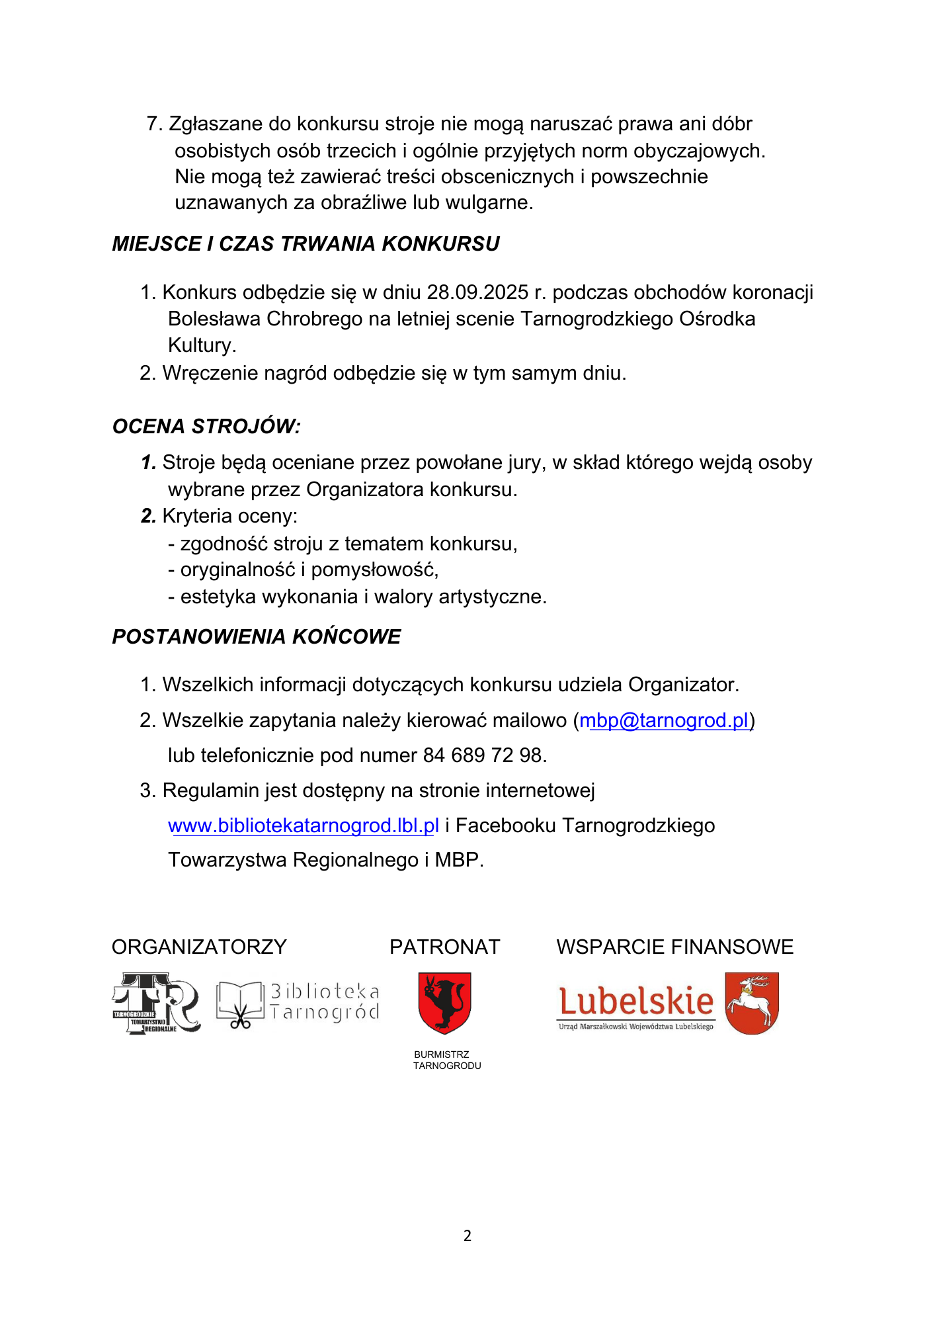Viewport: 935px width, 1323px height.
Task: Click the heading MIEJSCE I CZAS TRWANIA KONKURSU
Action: tap(305, 244)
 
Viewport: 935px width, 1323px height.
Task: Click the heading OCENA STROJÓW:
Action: tap(206, 427)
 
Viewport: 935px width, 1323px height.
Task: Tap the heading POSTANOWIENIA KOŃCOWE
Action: tap(257, 637)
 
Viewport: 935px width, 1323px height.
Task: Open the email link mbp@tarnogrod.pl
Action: tap(664, 720)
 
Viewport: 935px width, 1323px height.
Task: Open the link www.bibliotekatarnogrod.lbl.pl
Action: tap(304, 826)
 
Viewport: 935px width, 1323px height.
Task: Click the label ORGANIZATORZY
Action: tap(199, 947)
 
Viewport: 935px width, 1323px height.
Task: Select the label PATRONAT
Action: tap(444, 947)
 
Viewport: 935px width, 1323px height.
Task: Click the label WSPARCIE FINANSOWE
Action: tap(674, 947)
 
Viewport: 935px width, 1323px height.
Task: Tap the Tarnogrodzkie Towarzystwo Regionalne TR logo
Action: tap(156, 1003)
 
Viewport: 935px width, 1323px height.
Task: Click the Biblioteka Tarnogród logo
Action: tap(298, 1003)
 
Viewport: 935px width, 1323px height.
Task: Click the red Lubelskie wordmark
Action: tap(636, 1002)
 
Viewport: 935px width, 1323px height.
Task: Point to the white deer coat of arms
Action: tap(752, 1003)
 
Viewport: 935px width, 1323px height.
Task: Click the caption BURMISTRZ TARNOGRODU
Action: tap(447, 1060)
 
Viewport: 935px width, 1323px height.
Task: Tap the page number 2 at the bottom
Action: tap(467, 1236)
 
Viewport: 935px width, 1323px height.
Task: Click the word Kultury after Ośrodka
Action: tap(201, 345)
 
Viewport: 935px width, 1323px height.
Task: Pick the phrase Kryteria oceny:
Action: tap(229, 516)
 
